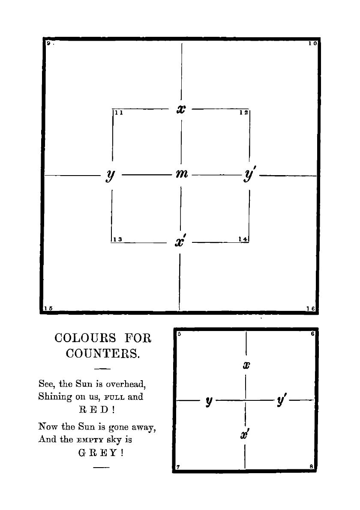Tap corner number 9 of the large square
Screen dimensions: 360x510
[49, 43]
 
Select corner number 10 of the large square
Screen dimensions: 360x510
[312, 44]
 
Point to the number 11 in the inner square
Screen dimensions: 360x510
[119, 113]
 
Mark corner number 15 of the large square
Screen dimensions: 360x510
[48, 308]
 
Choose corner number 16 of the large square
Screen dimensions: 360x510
[311, 308]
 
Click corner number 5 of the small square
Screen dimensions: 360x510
[178, 334]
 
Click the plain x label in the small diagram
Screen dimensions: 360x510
[246, 365]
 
